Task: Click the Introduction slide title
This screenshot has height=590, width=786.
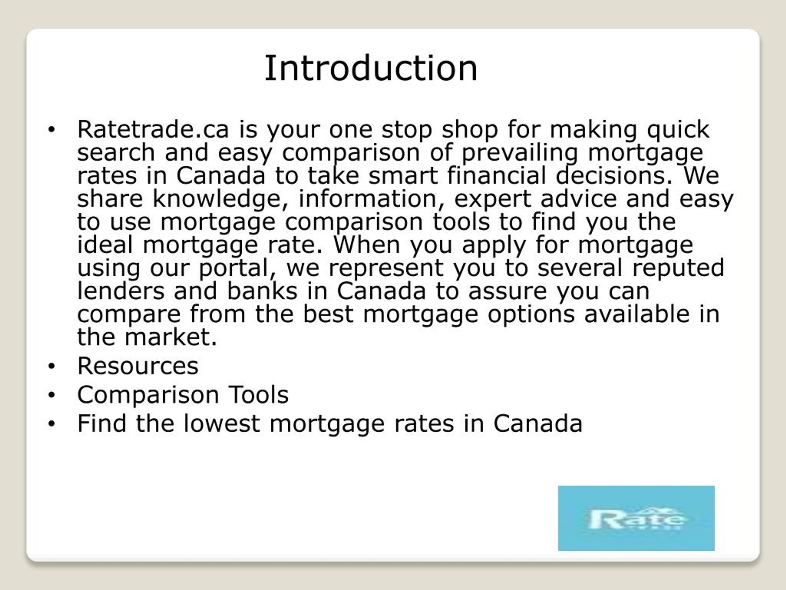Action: tap(371, 68)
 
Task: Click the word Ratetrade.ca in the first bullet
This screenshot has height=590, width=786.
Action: tap(153, 129)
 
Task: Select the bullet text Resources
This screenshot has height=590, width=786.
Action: tap(138, 366)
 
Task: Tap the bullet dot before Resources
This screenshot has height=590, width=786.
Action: tap(52, 366)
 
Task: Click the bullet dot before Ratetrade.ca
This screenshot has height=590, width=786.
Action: tap(52, 130)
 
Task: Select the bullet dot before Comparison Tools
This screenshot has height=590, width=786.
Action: tap(52, 395)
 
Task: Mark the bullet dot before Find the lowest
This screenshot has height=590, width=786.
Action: tap(52, 423)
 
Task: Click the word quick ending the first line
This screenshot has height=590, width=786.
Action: tap(678, 130)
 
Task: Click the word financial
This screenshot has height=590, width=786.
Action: tap(496, 176)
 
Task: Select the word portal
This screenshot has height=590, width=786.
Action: tap(237, 269)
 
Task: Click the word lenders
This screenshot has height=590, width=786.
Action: tap(121, 291)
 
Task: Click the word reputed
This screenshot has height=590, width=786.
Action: tap(678, 269)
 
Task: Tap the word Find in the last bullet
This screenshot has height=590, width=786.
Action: tap(102, 423)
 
